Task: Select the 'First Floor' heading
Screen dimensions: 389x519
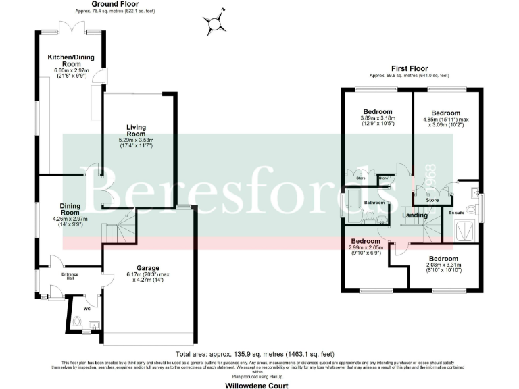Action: click(410, 68)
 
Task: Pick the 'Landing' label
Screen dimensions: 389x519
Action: click(413, 215)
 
